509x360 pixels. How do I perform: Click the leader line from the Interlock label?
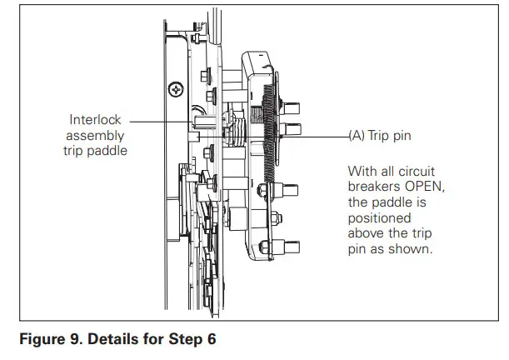[x=158, y=121]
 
